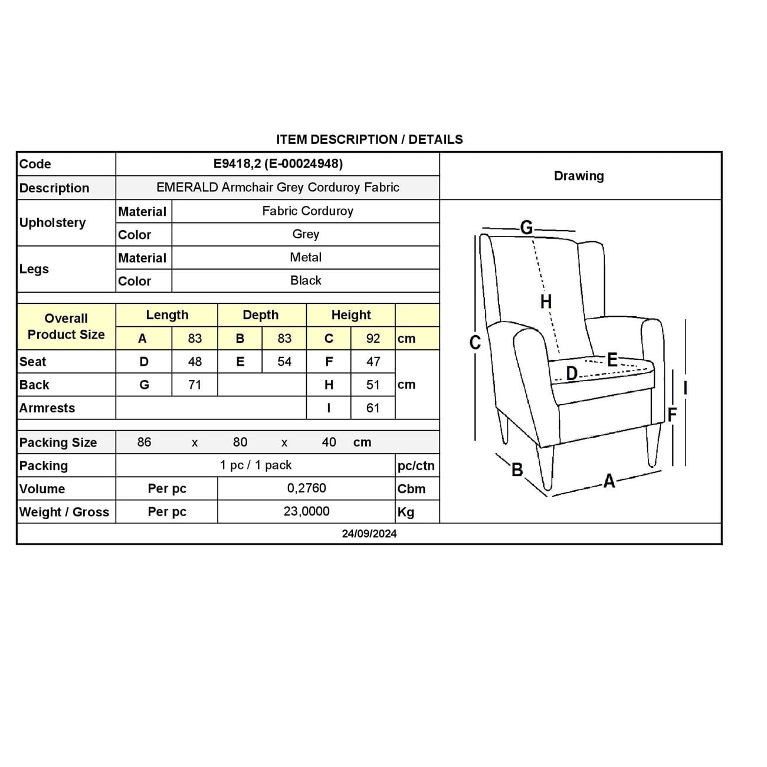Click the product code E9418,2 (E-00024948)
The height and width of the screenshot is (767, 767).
(278, 163)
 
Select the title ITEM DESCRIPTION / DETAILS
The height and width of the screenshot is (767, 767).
(369, 140)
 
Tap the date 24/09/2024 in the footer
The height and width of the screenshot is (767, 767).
(369, 533)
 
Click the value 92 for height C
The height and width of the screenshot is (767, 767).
(373, 339)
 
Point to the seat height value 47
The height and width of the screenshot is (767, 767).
(373, 362)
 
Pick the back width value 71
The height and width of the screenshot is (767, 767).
(195, 385)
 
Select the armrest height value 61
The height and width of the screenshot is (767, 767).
(373, 408)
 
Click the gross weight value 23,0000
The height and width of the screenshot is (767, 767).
(306, 512)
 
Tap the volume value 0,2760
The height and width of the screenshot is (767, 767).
(306, 489)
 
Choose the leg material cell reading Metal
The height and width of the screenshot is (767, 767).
(306, 257)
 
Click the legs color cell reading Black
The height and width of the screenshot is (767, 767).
(306, 281)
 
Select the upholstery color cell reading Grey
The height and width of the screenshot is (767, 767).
(306, 234)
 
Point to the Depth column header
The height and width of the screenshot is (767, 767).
(261, 315)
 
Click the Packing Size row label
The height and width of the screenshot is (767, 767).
(58, 442)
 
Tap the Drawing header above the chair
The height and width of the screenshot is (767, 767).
(579, 176)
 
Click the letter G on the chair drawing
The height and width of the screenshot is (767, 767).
(526, 227)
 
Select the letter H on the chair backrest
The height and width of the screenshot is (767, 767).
(546, 301)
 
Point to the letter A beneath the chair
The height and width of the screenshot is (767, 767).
(609, 481)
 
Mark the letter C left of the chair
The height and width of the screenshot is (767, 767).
(475, 342)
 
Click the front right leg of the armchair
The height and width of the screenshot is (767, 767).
(651, 445)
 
